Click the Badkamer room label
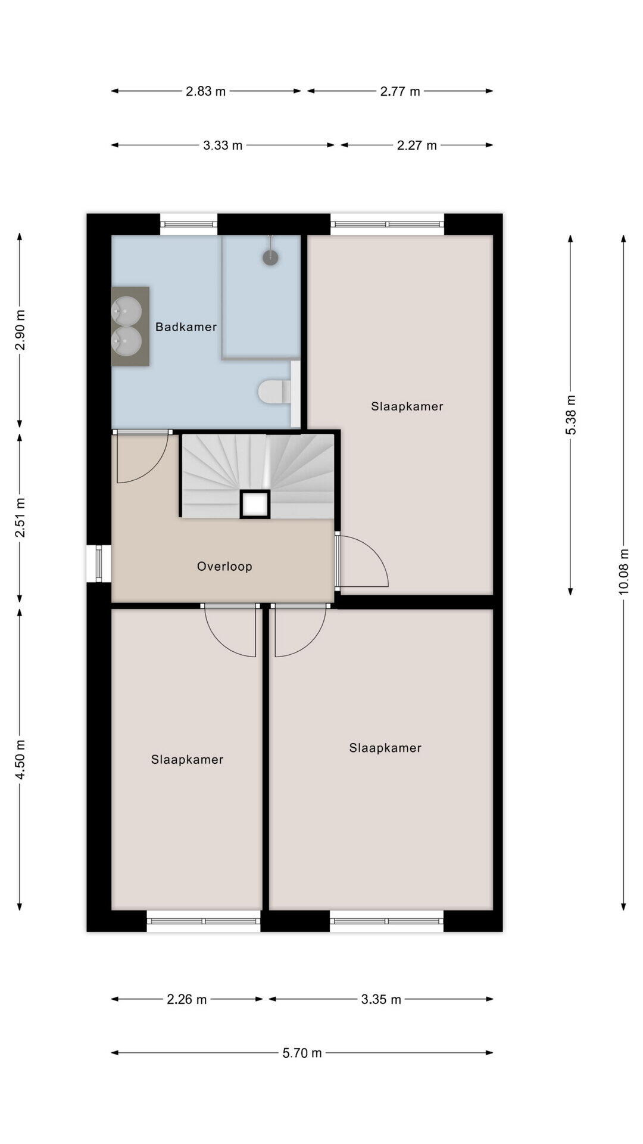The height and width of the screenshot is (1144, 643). pos(186,327)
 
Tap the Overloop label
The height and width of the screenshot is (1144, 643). pos(224,566)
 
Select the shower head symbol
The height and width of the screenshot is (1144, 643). pos(271,257)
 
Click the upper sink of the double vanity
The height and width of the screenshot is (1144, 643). pos(127,310)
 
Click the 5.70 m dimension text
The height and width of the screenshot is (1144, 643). pos(302,1053)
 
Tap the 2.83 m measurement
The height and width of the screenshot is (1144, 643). pos(205,91)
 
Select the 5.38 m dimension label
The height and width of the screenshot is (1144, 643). pos(570,415)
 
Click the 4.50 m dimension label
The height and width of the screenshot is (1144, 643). pos(20,759)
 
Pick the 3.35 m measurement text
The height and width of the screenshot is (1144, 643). pos(381,999)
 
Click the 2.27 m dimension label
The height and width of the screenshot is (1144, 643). pos(417,145)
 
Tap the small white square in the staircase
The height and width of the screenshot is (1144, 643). pos(255,505)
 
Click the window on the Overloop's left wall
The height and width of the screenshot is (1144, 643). pos(99,563)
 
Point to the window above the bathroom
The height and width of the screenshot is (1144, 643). pos(189,224)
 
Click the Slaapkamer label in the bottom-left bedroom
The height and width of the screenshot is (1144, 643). pos(187,759)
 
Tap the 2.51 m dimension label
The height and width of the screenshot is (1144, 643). pos(20,517)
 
